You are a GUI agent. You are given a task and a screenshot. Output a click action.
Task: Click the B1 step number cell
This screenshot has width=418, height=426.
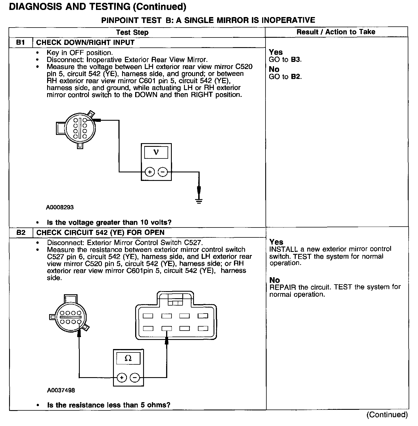(20, 43)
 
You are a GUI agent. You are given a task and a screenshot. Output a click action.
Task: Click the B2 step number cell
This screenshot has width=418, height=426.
(21, 233)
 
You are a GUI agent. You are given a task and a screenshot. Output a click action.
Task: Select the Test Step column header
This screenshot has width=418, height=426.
(132, 32)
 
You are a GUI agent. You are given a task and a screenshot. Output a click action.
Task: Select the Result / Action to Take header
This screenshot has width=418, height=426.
(336, 32)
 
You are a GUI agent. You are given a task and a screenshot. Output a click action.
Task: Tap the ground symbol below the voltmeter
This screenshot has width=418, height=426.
(199, 201)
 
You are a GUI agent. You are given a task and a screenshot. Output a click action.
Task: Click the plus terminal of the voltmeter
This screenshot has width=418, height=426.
(150, 172)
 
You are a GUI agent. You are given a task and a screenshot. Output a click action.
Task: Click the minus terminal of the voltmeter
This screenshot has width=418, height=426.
(163, 172)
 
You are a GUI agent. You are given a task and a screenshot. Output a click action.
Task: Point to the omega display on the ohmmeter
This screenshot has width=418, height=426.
(128, 359)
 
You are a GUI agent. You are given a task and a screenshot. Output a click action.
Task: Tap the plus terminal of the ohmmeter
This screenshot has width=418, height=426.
(122, 377)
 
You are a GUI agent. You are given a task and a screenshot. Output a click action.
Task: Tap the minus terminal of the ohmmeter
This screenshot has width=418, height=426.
(135, 377)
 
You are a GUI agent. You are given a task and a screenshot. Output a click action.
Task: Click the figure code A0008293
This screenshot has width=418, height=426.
(60, 207)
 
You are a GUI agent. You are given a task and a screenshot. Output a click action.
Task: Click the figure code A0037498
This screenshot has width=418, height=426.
(61, 390)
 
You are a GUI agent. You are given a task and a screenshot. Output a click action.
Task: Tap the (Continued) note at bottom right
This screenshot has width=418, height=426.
(387, 415)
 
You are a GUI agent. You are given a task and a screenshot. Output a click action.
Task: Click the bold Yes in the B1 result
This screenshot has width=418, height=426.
(276, 52)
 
